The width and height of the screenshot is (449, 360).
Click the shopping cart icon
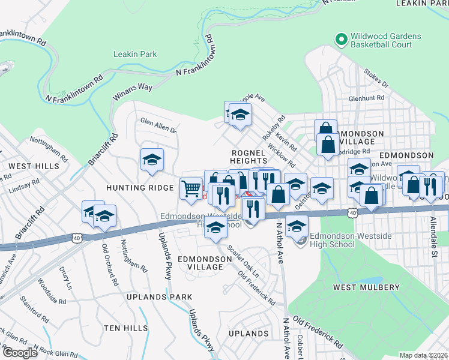tap(191, 188)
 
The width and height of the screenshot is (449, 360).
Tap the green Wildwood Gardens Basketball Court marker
tap(342, 40)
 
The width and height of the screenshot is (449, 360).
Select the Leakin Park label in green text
tap(135, 54)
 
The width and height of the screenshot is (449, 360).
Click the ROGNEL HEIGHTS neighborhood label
tap(248, 157)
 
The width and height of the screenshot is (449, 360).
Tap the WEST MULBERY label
tap(366, 287)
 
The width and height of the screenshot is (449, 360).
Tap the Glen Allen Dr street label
tap(158, 125)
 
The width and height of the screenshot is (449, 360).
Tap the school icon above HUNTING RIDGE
tap(152, 159)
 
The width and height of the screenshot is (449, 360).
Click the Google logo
tap(19, 352)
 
